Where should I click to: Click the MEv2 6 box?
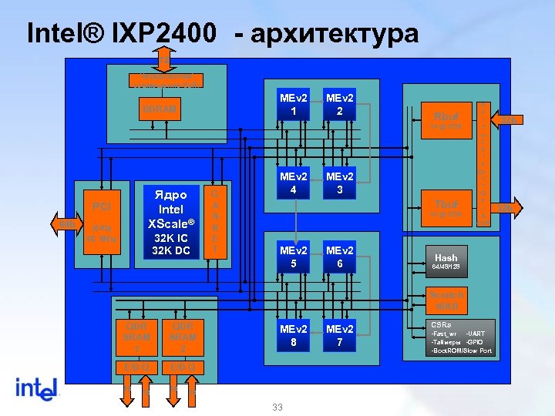click(x=340, y=257)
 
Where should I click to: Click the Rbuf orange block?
click(x=446, y=119)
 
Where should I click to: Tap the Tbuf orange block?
click(x=446, y=207)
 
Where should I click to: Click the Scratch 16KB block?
click(x=446, y=300)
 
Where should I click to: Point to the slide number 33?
click(x=277, y=408)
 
